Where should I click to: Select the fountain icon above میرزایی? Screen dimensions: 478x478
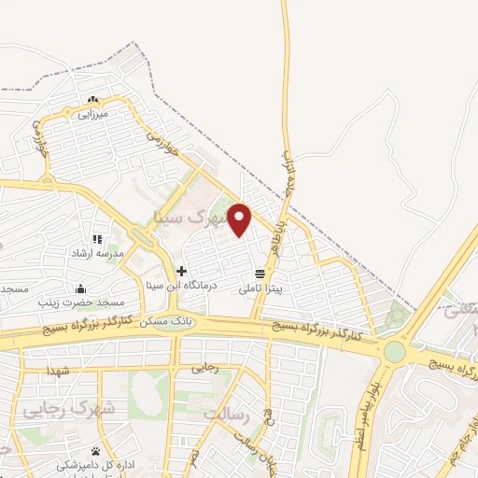coord(92,100)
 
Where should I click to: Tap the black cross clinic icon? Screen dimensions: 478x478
coord(181,272)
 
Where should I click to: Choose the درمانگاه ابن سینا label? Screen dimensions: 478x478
coord(182,285)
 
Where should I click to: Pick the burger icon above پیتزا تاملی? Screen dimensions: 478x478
coord(259,274)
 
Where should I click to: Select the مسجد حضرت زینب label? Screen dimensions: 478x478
coord(80,303)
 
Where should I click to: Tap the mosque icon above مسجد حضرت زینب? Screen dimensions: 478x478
coord(81,288)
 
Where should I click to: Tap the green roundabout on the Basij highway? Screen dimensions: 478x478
coord(394,351)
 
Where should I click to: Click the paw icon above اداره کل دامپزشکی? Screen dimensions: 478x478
coord(95,451)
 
